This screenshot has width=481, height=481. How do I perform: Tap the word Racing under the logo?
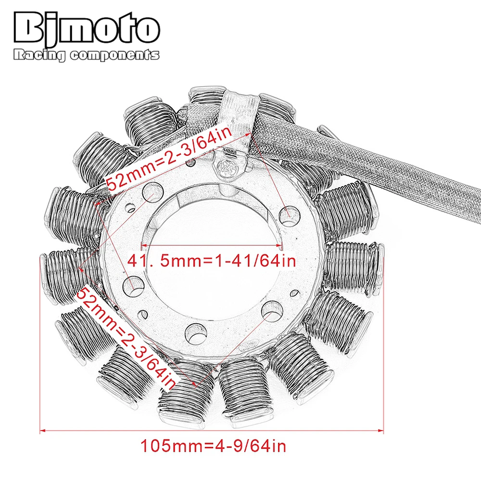tap(40, 56)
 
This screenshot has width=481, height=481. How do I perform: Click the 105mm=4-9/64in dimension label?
tap(213, 446)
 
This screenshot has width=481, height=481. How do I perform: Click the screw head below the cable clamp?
tap(226, 168)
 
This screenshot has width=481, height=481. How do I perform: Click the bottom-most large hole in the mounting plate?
tap(194, 331)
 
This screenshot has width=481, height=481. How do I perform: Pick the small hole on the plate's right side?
tap(295, 292)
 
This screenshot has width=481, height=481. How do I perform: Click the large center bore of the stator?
tap(212, 289)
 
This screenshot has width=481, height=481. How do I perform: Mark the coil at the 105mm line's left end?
tap(67, 274)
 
